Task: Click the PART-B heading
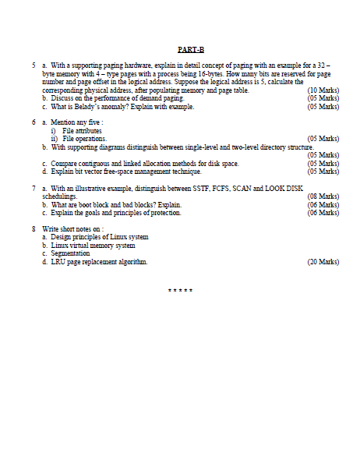point(190,49)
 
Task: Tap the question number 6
point(34,122)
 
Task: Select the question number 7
point(34,189)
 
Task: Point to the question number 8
point(34,228)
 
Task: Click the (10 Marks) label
point(323,90)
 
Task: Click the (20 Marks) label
point(323,262)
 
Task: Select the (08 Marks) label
point(323,196)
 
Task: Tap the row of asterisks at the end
point(180,291)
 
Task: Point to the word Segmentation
point(70,253)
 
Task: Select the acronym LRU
point(58,262)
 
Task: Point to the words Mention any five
point(78,122)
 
